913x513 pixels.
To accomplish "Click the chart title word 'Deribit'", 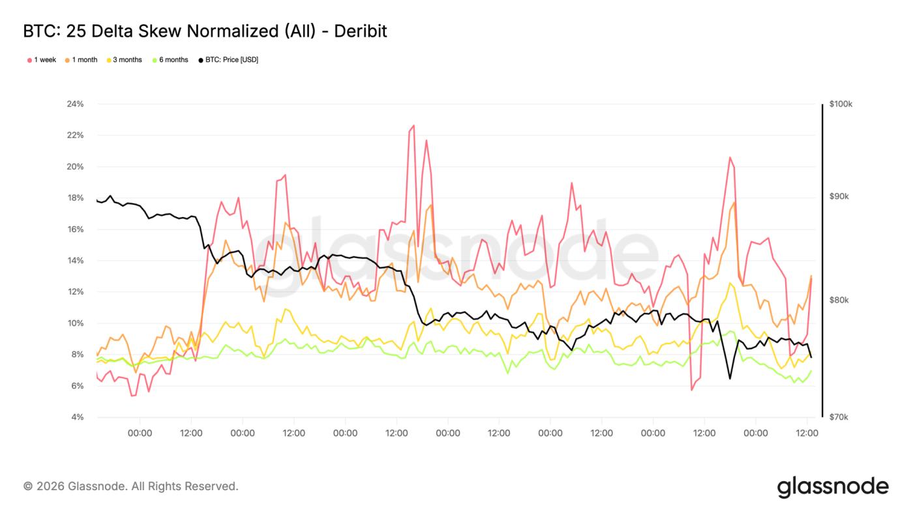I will tap(360, 31).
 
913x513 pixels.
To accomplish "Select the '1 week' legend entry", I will tap(42, 60).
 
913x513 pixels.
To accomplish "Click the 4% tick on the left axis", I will tap(78, 417).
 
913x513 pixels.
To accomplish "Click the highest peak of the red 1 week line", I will tap(413, 125).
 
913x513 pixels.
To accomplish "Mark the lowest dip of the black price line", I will tap(730, 379).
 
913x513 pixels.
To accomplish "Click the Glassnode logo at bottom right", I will tap(832, 487).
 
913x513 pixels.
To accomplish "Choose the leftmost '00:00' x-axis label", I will tap(140, 433).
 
